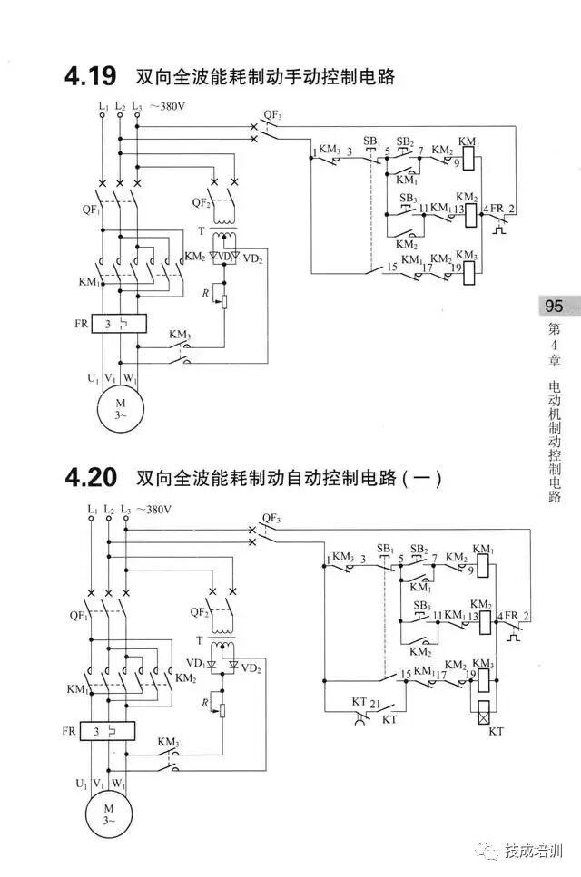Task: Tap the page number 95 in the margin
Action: click(554, 306)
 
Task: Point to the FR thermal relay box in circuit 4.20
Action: click(108, 730)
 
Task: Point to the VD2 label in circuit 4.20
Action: click(251, 668)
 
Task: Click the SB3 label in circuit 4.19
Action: click(409, 198)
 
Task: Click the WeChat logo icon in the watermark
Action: click(490, 852)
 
